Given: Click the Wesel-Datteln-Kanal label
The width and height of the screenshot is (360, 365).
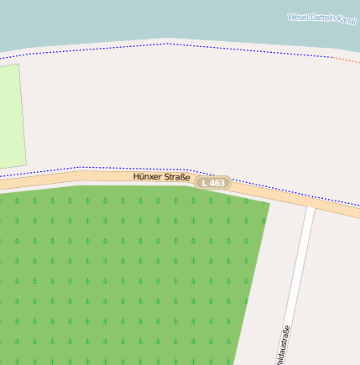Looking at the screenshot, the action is point(321,18).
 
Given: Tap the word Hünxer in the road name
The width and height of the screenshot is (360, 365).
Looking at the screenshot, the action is point(149,177).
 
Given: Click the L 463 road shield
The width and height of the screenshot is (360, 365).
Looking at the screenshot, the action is point(213,182).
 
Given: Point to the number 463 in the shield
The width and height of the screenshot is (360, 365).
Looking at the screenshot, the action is point(217,182).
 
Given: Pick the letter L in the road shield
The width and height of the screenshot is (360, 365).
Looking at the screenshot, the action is point(203,182).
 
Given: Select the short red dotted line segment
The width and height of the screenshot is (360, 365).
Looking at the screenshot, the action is point(345,60).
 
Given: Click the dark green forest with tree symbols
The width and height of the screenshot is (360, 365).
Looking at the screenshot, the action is point(117,269).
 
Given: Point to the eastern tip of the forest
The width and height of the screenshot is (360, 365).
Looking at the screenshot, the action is point(268,203).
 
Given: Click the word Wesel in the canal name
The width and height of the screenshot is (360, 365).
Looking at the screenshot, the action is point(298,16).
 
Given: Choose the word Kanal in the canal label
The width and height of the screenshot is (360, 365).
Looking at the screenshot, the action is point(346,21).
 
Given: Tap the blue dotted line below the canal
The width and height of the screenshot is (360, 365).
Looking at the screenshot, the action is point(168,44).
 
